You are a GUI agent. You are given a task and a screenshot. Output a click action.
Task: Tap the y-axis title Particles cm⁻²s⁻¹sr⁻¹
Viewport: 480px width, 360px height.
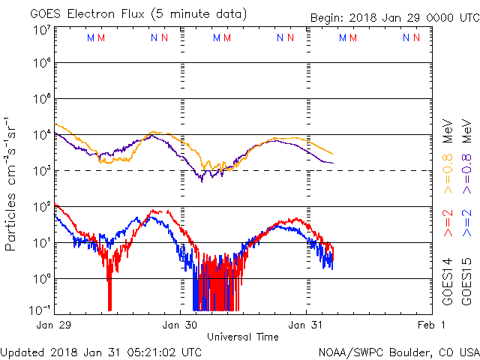pyautogui.click(x=11, y=183)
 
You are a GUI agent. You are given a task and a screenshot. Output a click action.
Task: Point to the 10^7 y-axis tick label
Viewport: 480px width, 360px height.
pyautogui.click(x=41, y=30)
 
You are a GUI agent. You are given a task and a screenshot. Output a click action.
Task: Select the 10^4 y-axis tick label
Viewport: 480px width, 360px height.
pyautogui.click(x=41, y=135)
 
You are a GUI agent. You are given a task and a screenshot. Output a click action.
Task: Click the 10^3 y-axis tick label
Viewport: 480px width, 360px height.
pyautogui.click(x=41, y=171)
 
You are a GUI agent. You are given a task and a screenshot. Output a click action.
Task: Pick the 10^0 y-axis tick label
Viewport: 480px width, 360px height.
pyautogui.click(x=41, y=279)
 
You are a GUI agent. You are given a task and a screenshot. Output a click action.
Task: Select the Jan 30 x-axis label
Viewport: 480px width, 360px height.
pyautogui.click(x=180, y=325)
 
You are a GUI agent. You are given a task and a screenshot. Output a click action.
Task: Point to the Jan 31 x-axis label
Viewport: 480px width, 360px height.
pyautogui.click(x=307, y=325)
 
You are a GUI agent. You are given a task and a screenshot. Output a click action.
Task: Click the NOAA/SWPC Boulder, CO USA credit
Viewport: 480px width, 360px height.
pyautogui.click(x=398, y=352)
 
